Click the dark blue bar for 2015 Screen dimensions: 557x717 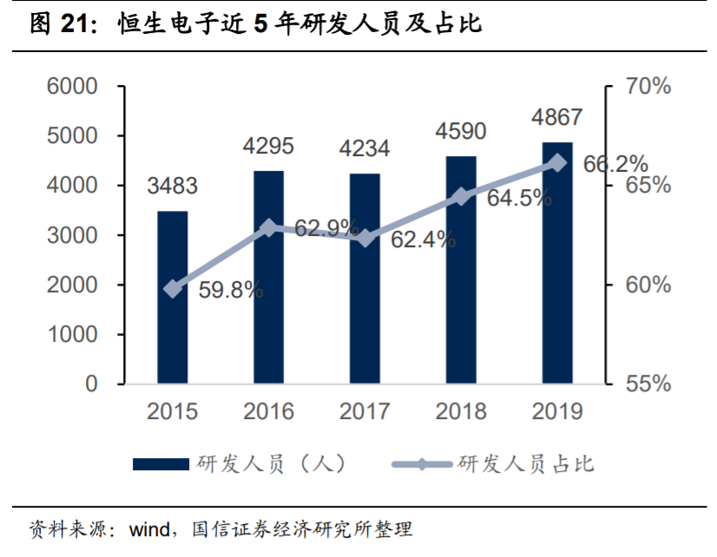(172, 297)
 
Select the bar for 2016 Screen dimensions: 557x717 (268, 277)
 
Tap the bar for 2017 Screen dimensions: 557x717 (365, 278)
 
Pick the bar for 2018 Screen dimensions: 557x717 (461, 270)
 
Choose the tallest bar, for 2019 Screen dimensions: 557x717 (557, 263)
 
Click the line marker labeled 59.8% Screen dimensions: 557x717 (173, 289)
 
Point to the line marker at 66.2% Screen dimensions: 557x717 (558, 163)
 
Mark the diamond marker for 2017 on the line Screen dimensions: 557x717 (365, 238)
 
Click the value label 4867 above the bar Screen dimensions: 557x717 (557, 116)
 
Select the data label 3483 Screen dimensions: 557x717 (172, 186)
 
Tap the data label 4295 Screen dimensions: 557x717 (268, 145)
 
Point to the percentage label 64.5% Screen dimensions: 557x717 (519, 198)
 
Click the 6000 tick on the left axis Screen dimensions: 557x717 (79, 87)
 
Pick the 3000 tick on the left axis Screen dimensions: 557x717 (79, 236)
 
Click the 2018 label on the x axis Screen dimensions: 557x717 (461, 411)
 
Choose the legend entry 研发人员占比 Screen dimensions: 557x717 (525, 463)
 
